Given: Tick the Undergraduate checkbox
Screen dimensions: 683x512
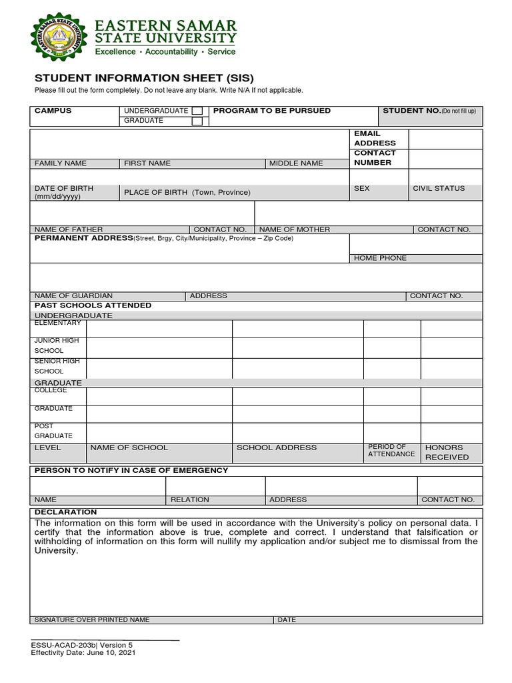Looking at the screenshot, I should [x=197, y=111].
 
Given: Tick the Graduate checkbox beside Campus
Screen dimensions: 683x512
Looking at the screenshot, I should [x=197, y=121].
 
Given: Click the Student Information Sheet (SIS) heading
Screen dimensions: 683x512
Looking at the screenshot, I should [x=145, y=78].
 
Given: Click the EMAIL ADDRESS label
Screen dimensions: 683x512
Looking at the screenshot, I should [x=375, y=138].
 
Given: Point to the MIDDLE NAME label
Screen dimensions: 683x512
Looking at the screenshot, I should [x=296, y=163].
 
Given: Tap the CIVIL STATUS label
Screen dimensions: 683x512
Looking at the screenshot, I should [x=439, y=189].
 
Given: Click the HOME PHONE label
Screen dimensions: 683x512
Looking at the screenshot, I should [x=380, y=258].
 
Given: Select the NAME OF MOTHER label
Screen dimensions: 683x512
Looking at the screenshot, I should [x=295, y=229].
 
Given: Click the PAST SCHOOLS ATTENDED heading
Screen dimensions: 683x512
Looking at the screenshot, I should [x=93, y=305].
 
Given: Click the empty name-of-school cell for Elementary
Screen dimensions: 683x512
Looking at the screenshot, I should [x=159, y=329].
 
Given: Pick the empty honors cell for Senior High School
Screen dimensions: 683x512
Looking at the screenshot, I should [x=451, y=368].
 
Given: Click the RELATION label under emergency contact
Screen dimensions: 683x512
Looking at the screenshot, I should [x=190, y=500].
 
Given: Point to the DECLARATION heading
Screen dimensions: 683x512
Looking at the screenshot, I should [x=65, y=512].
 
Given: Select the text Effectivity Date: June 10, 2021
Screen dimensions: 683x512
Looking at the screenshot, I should [x=83, y=653].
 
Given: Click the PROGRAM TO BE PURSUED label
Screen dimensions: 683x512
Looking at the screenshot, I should [x=271, y=111].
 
